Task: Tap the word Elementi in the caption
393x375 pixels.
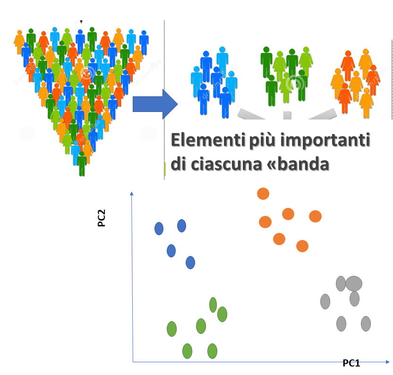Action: [x=208, y=140]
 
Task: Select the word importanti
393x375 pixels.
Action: [x=325, y=141]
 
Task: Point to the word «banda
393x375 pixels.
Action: [x=298, y=164]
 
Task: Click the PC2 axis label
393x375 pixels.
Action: [x=102, y=218]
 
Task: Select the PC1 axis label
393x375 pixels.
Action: [x=351, y=363]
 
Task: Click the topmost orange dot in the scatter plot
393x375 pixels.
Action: [x=263, y=194]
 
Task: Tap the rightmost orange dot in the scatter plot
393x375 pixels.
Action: [x=316, y=216]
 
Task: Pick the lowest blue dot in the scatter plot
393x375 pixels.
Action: [x=190, y=263]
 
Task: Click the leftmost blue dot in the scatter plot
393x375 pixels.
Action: [x=159, y=229]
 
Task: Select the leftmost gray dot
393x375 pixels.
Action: [x=325, y=301]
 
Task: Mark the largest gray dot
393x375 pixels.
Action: [x=354, y=283]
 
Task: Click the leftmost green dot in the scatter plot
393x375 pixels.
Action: [x=171, y=329]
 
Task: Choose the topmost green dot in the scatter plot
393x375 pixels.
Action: [x=213, y=305]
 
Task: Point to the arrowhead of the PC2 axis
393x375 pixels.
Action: [x=132, y=194]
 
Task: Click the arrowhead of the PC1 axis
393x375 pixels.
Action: [x=388, y=362]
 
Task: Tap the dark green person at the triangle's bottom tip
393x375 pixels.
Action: [x=82, y=163]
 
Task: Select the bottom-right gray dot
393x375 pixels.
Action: [x=366, y=324]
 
